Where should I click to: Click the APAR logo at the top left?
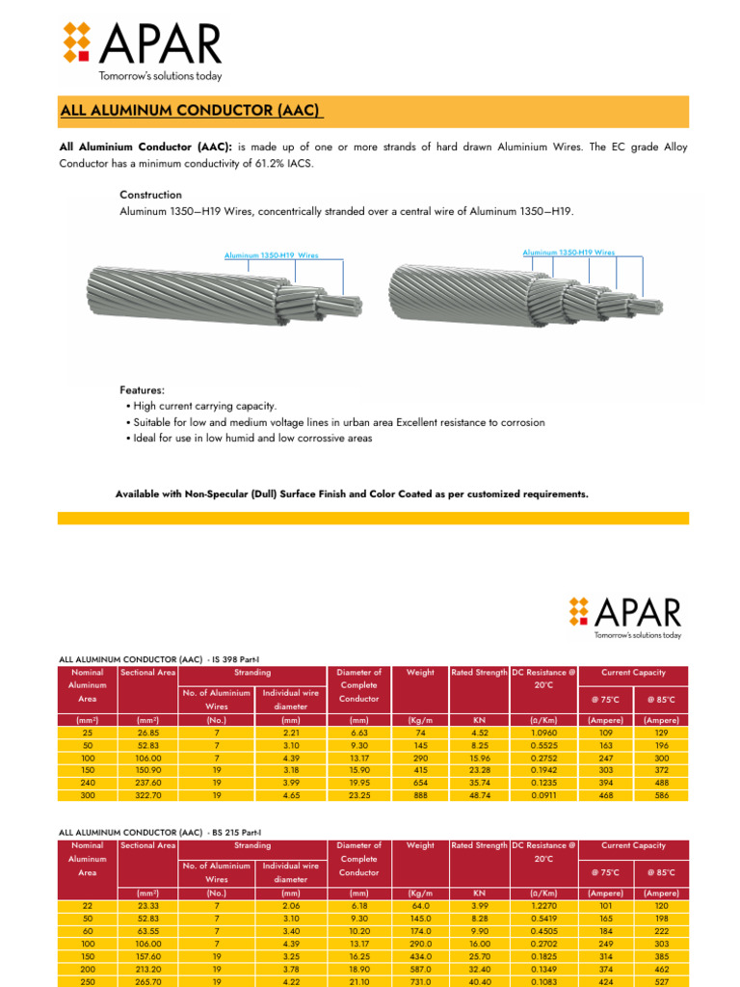point(142,51)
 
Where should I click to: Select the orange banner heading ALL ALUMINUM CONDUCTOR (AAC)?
point(192,112)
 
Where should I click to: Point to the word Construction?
point(150,195)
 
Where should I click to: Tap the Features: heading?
point(142,390)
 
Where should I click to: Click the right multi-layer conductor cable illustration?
point(525,294)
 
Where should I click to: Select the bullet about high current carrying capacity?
point(203,407)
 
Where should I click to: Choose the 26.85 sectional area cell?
point(147,733)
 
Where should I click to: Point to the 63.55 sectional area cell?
point(147,931)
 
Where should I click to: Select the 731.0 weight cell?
point(420,981)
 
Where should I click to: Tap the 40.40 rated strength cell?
point(479,981)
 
